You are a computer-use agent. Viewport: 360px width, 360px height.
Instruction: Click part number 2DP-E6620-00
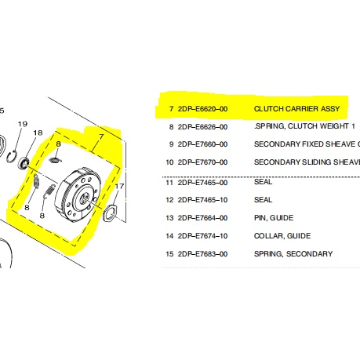[x=202, y=109]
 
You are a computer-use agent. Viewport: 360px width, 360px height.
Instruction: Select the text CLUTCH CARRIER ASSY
[x=296, y=109]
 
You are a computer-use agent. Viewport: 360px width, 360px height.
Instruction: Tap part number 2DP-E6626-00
[x=202, y=127]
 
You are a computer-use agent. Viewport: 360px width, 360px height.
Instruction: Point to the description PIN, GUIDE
[x=274, y=218]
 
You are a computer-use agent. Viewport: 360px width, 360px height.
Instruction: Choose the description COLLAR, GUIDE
[x=282, y=236]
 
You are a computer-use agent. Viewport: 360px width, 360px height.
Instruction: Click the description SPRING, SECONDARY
[x=293, y=254]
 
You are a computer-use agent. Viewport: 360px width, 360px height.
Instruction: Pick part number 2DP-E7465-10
[x=202, y=200]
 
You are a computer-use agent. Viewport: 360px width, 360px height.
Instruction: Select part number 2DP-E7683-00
[x=202, y=254]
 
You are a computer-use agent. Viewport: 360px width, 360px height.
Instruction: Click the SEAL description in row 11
[x=263, y=182]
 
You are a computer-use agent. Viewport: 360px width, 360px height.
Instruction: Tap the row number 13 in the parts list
[x=169, y=218]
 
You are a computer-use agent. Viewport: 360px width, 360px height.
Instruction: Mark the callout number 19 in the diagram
[x=23, y=124]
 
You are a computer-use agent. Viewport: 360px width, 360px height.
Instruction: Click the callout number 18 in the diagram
[x=38, y=133]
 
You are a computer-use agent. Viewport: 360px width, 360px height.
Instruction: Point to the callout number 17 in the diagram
[x=119, y=186]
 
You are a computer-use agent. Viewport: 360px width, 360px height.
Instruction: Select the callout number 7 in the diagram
[x=101, y=136]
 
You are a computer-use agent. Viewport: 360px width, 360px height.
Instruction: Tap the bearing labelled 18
[x=24, y=163]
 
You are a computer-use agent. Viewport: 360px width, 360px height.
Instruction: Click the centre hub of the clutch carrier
[x=84, y=199]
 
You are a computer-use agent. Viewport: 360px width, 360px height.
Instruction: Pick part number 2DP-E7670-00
[x=202, y=162]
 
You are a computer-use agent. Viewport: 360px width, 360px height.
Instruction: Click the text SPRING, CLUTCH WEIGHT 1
[x=304, y=126]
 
